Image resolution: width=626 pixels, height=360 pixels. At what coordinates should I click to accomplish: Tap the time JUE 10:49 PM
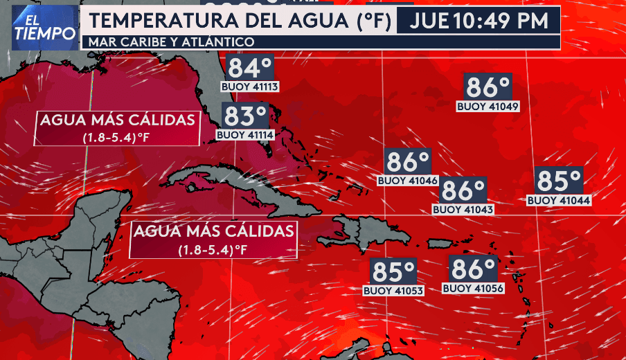coord(479,21)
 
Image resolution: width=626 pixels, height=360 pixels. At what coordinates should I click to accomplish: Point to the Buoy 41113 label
coord(250,87)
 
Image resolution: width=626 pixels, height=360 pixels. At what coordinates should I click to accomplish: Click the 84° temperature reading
coord(250,69)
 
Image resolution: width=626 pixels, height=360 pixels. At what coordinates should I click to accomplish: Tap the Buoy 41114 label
coord(245,135)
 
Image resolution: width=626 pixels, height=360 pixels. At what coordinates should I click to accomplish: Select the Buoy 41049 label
coord(488,107)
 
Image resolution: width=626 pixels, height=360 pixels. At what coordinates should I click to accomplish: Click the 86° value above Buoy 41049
coord(488,87)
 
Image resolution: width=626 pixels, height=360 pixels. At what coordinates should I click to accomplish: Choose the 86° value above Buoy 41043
coord(463,190)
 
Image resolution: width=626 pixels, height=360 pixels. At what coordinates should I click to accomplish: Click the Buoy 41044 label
coord(559,200)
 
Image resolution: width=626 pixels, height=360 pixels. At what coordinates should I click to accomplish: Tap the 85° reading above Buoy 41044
coord(559,181)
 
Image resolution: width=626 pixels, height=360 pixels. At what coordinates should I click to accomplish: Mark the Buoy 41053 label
coord(393,291)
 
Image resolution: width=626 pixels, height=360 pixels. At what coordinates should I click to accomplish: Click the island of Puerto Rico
coord(439,244)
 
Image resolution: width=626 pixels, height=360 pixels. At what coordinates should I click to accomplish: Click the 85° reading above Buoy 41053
coord(393,271)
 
